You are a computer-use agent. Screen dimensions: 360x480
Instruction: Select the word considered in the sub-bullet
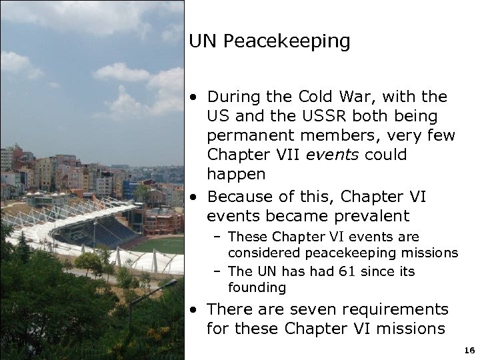click(263, 253)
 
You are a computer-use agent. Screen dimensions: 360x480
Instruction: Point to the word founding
click(257, 288)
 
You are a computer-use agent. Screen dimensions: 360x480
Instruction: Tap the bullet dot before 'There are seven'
click(193, 309)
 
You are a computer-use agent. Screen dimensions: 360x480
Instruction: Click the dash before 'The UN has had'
click(218, 271)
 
